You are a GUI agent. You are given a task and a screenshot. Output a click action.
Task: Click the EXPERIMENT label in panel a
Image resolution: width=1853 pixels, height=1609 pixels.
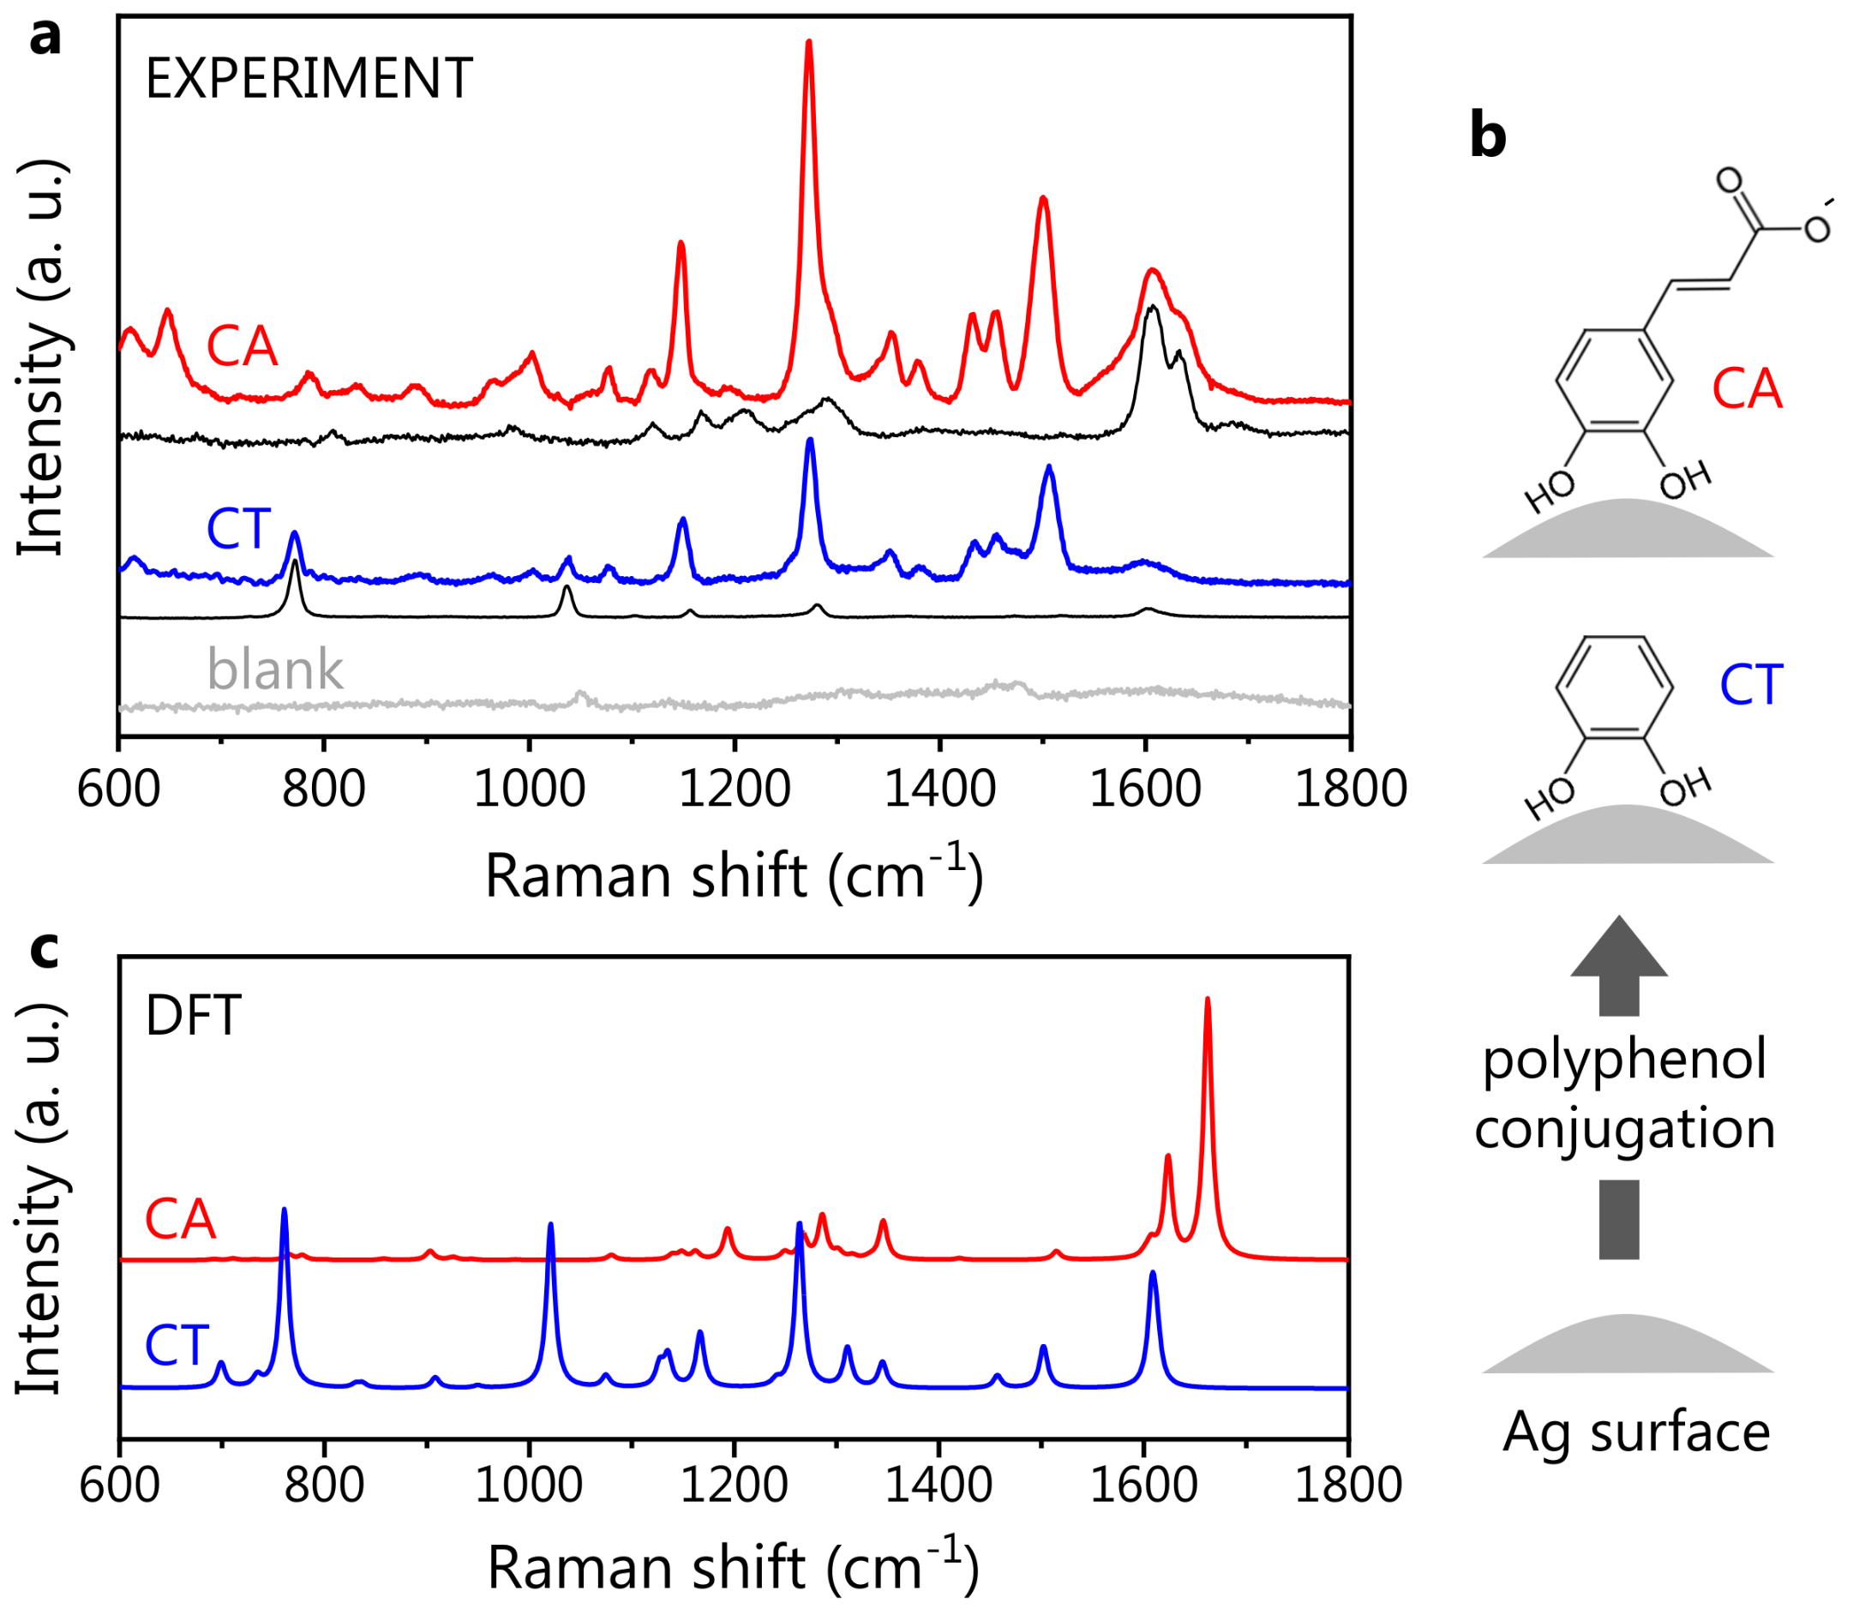point(308,79)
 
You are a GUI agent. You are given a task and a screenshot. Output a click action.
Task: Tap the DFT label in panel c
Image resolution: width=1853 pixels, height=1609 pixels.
point(193,1017)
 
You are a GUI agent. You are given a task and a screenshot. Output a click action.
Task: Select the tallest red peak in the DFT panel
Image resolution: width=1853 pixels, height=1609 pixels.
point(1208,1000)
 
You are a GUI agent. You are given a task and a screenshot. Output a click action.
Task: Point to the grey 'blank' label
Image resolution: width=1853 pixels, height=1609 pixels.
point(275,670)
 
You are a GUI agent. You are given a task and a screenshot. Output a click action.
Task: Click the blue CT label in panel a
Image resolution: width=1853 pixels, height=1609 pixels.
point(238,529)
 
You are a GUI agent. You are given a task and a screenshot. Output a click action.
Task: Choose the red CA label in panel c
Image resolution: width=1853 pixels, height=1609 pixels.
point(181,1219)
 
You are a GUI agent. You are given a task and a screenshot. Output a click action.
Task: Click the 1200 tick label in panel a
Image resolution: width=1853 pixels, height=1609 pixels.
point(735,789)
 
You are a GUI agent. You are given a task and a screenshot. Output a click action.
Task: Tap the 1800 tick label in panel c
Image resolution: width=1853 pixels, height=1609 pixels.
point(1348,1484)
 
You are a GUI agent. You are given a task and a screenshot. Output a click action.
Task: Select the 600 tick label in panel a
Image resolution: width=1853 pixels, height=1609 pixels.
point(118,789)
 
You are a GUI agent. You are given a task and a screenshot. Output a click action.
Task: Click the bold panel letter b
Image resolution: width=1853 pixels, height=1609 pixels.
point(1488,136)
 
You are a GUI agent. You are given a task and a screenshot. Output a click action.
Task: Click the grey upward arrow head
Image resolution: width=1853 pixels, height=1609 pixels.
point(1619,950)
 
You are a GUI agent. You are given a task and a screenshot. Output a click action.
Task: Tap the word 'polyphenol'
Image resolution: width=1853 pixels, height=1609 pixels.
point(1624,1060)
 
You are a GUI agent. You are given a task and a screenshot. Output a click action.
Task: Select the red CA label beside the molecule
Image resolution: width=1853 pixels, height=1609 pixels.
point(1746,389)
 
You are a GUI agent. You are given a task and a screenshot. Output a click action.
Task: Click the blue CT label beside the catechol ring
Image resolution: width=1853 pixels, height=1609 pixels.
point(1751,685)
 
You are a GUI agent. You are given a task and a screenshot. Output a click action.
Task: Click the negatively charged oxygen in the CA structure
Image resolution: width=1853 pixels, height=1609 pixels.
point(1816,229)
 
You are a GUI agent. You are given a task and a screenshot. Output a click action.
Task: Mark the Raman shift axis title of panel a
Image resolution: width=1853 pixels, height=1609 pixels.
point(734,875)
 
